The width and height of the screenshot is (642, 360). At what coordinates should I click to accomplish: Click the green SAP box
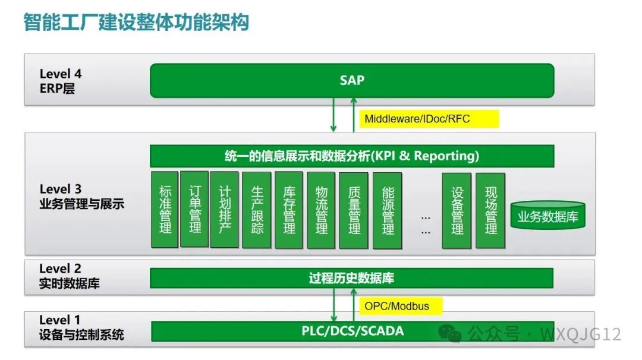pyautogui.click(x=352, y=80)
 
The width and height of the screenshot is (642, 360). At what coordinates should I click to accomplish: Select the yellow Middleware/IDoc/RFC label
pyautogui.click(x=417, y=119)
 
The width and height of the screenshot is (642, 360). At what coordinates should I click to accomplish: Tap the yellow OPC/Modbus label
pyautogui.click(x=396, y=307)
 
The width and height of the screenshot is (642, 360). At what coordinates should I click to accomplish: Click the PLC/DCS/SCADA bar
pyautogui.click(x=352, y=331)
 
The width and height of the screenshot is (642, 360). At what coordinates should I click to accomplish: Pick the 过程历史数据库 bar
pyautogui.click(x=351, y=278)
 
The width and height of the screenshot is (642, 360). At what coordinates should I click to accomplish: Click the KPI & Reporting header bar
pyautogui.click(x=352, y=156)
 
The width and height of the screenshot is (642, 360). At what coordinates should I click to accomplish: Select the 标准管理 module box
pyautogui.click(x=165, y=210)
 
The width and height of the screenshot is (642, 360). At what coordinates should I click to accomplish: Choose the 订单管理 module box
pyautogui.click(x=194, y=210)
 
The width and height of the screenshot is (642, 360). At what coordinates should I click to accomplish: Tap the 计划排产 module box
pyautogui.click(x=224, y=210)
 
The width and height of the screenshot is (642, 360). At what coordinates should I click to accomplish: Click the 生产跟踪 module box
pyautogui.click(x=257, y=210)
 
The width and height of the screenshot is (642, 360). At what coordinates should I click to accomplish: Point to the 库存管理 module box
pyautogui.click(x=289, y=210)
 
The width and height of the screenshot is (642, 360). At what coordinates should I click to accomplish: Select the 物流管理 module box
pyautogui.click(x=321, y=210)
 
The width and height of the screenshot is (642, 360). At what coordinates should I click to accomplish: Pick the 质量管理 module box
pyautogui.click(x=354, y=210)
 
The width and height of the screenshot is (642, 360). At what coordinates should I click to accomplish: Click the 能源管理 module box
pyautogui.click(x=387, y=210)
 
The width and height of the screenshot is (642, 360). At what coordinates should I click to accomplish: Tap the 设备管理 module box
pyautogui.click(x=457, y=210)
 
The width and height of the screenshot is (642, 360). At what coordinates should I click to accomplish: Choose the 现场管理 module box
pyautogui.click(x=490, y=210)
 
